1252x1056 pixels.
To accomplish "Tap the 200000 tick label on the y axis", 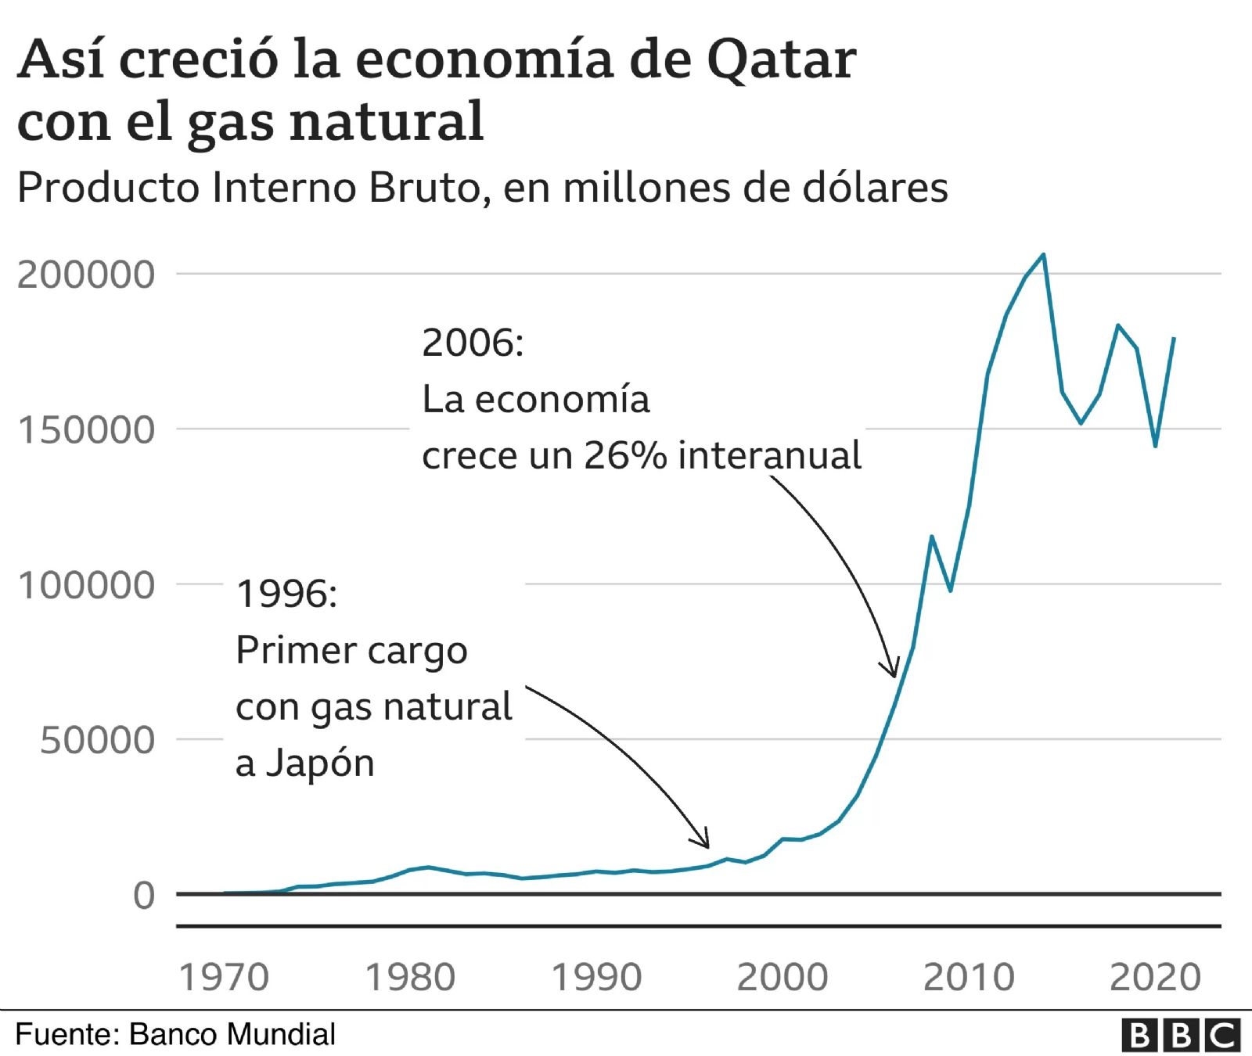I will coord(86,275).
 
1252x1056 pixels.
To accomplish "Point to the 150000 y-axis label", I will coord(86,429).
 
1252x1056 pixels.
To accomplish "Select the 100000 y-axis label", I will coord(86,584).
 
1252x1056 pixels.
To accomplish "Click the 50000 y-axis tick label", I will coord(98,739).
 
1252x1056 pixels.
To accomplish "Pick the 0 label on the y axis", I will coord(144,895).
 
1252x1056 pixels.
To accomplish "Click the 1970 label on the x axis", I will coord(224,977).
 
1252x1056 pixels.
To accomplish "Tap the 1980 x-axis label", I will coord(410,977).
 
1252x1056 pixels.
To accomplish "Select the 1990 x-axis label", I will coord(596,977).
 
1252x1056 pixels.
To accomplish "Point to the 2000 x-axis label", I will coord(782,977).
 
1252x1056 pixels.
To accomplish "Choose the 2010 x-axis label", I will coord(969,977).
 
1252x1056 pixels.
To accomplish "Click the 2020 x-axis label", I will coord(1155,977).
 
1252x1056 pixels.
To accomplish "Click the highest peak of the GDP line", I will coord(1044,254).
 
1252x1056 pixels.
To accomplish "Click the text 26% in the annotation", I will coord(625,456).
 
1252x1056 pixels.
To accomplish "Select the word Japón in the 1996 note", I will coord(320,763).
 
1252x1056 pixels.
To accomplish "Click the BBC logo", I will coord(1181,1036).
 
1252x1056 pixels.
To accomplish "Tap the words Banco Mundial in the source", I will coord(232,1034).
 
